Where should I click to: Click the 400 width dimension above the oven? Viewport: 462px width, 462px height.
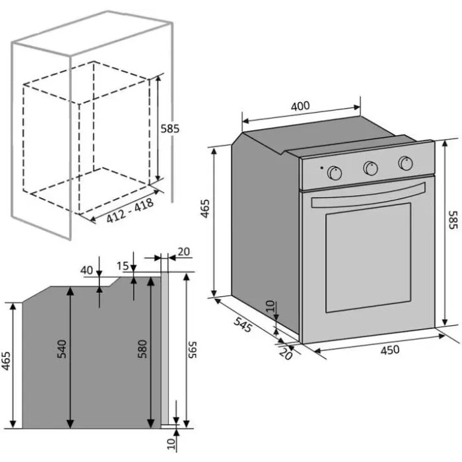(300, 106)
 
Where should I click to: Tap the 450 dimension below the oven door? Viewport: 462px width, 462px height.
(390, 350)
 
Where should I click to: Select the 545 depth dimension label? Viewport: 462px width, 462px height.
(243, 323)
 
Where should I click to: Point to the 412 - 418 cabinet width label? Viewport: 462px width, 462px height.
(130, 211)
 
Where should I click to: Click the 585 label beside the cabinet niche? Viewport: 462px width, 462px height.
(170, 129)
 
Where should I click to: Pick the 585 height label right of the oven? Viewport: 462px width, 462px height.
(453, 220)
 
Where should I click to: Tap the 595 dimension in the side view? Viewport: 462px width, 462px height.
(192, 350)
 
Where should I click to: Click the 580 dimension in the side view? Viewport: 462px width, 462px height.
(143, 349)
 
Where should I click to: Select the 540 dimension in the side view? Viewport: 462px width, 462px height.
(62, 349)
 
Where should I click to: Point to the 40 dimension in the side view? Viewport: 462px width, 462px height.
(86, 270)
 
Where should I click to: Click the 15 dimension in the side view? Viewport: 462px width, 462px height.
(123, 266)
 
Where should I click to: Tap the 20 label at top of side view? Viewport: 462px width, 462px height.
(184, 251)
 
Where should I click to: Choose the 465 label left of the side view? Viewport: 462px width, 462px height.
(6, 360)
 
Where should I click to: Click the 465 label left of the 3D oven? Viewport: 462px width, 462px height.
(205, 209)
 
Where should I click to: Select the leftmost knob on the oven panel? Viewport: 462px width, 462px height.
(335, 173)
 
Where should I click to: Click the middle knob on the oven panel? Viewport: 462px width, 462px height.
(371, 168)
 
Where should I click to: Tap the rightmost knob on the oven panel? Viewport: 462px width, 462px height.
(405, 163)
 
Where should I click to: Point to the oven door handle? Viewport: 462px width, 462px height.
(368, 195)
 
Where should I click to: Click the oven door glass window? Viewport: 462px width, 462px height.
(368, 257)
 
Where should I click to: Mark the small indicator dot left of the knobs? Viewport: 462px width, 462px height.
(322, 168)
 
